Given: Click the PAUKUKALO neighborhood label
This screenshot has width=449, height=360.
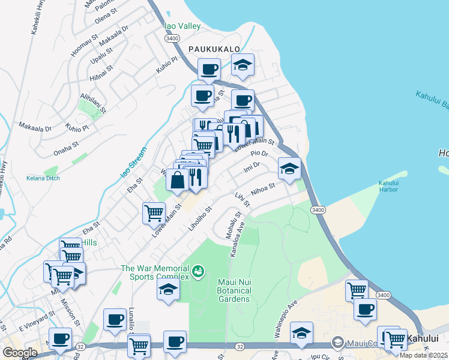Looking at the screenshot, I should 214,49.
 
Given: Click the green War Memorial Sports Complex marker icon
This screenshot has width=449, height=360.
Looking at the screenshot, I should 197,273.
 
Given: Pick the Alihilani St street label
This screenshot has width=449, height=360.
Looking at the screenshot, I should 93,103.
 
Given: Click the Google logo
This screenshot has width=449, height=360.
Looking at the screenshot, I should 20,352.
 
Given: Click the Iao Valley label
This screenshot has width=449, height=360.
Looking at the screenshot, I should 182,26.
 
